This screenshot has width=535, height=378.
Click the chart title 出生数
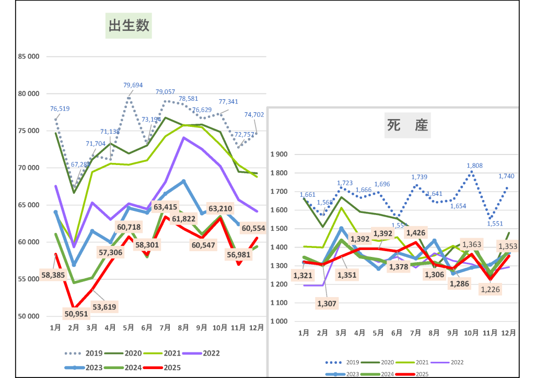coord(129,25)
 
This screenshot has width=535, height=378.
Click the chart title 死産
coord(408,125)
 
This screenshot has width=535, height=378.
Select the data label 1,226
coord(490,289)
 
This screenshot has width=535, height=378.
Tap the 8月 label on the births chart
coord(183,328)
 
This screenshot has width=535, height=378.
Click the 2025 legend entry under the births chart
coord(171,368)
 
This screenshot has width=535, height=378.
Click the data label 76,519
coord(60,109)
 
